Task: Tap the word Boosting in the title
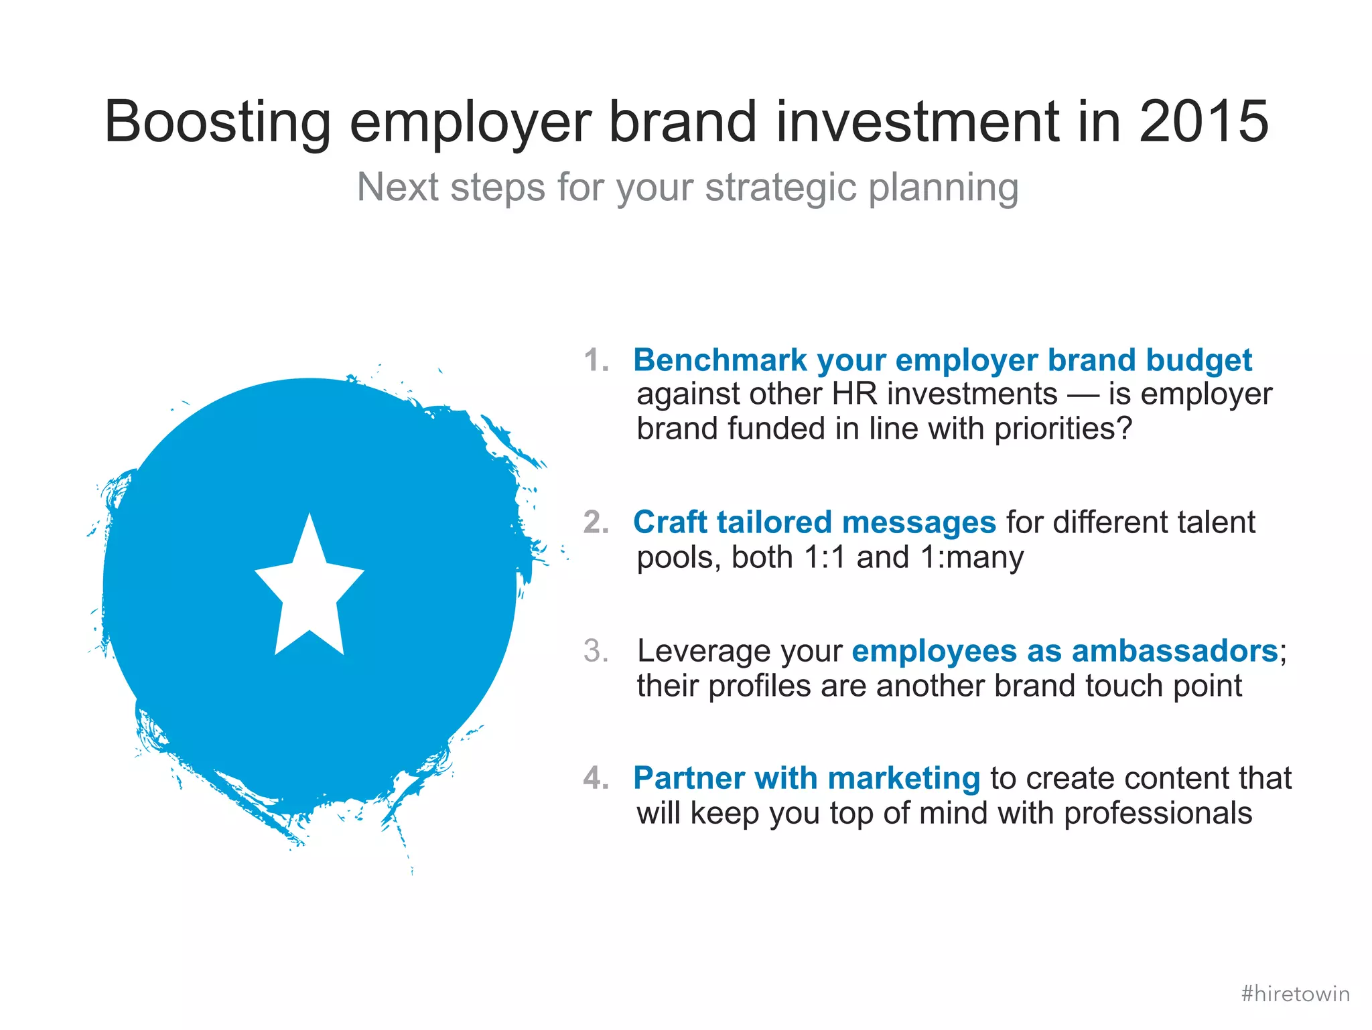tap(218, 123)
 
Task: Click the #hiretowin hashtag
tap(1295, 993)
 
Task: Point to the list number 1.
tap(596, 360)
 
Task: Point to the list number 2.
tap(596, 522)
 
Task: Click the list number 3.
tap(596, 651)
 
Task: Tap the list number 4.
tap(596, 778)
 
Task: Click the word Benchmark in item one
tap(719, 360)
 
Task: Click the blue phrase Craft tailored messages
tap(814, 522)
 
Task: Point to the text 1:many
tap(972, 557)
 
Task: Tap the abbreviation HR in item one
tap(854, 394)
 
